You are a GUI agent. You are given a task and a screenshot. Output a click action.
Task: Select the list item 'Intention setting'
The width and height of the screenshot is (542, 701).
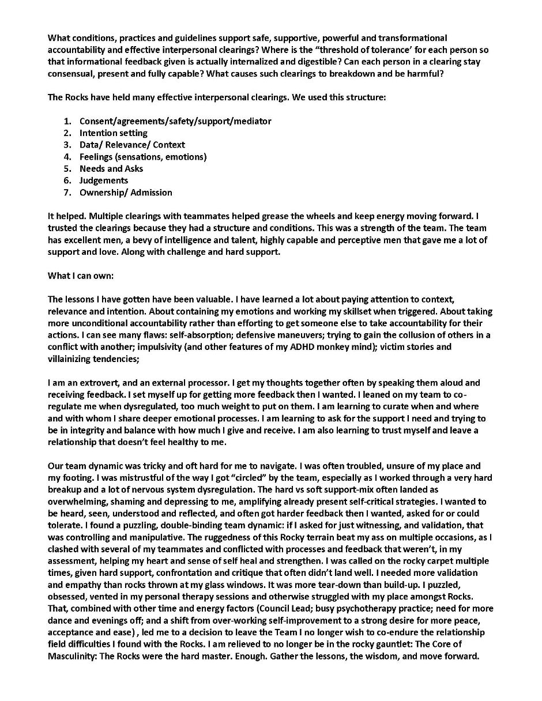tap(114, 133)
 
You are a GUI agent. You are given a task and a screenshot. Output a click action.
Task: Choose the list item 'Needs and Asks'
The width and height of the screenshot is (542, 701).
tap(111, 168)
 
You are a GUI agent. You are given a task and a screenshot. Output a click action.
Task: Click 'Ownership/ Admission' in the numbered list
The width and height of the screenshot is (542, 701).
tap(126, 193)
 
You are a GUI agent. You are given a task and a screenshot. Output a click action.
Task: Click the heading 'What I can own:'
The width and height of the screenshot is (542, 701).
tap(81, 276)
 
